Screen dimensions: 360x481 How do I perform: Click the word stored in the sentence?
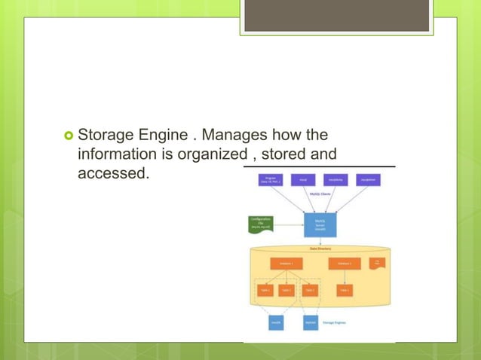click(x=285, y=154)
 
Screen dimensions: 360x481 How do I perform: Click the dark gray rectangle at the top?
click(x=337, y=15)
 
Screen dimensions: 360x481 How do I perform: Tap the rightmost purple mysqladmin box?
click(x=367, y=181)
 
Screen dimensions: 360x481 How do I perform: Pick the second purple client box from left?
click(x=302, y=181)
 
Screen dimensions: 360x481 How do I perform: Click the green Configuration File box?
click(x=261, y=224)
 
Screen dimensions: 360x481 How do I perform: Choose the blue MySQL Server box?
click(x=319, y=224)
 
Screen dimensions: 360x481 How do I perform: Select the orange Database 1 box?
click(x=286, y=264)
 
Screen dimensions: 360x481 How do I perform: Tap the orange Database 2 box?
click(x=344, y=264)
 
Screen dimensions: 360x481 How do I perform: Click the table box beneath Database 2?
click(x=344, y=290)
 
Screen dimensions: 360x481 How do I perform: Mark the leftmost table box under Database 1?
click(x=265, y=290)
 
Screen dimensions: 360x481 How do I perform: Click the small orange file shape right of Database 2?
click(x=377, y=263)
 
